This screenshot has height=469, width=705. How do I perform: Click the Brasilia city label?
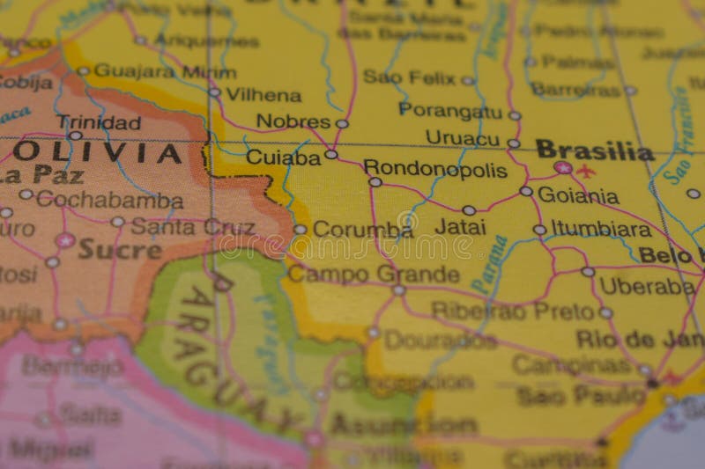tap(594, 150)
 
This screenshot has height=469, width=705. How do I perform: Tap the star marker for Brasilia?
tap(562, 167)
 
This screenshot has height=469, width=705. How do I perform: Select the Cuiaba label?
tap(283, 158)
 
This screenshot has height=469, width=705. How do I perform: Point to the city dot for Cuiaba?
tap(331, 154)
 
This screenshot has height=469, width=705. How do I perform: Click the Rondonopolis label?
tap(435, 169)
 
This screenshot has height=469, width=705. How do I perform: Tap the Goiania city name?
tap(577, 195)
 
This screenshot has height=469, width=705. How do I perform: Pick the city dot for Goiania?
tap(526, 191)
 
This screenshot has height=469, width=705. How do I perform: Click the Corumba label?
tap(362, 230)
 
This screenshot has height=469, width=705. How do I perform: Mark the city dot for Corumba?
tap(300, 229)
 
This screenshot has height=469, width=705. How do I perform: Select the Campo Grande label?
tap(374, 274)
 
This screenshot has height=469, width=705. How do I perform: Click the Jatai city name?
tap(460, 226)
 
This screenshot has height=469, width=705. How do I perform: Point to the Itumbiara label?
tap(601, 230)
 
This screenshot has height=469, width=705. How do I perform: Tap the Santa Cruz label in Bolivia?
tap(193, 226)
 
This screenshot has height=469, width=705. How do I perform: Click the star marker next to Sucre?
tap(64, 239)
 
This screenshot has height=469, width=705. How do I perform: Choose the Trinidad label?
tap(99, 122)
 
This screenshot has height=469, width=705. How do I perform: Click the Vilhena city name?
tap(263, 94)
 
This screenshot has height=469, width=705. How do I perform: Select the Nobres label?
tap(293, 121)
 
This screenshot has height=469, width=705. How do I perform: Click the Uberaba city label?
tap(647, 286)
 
